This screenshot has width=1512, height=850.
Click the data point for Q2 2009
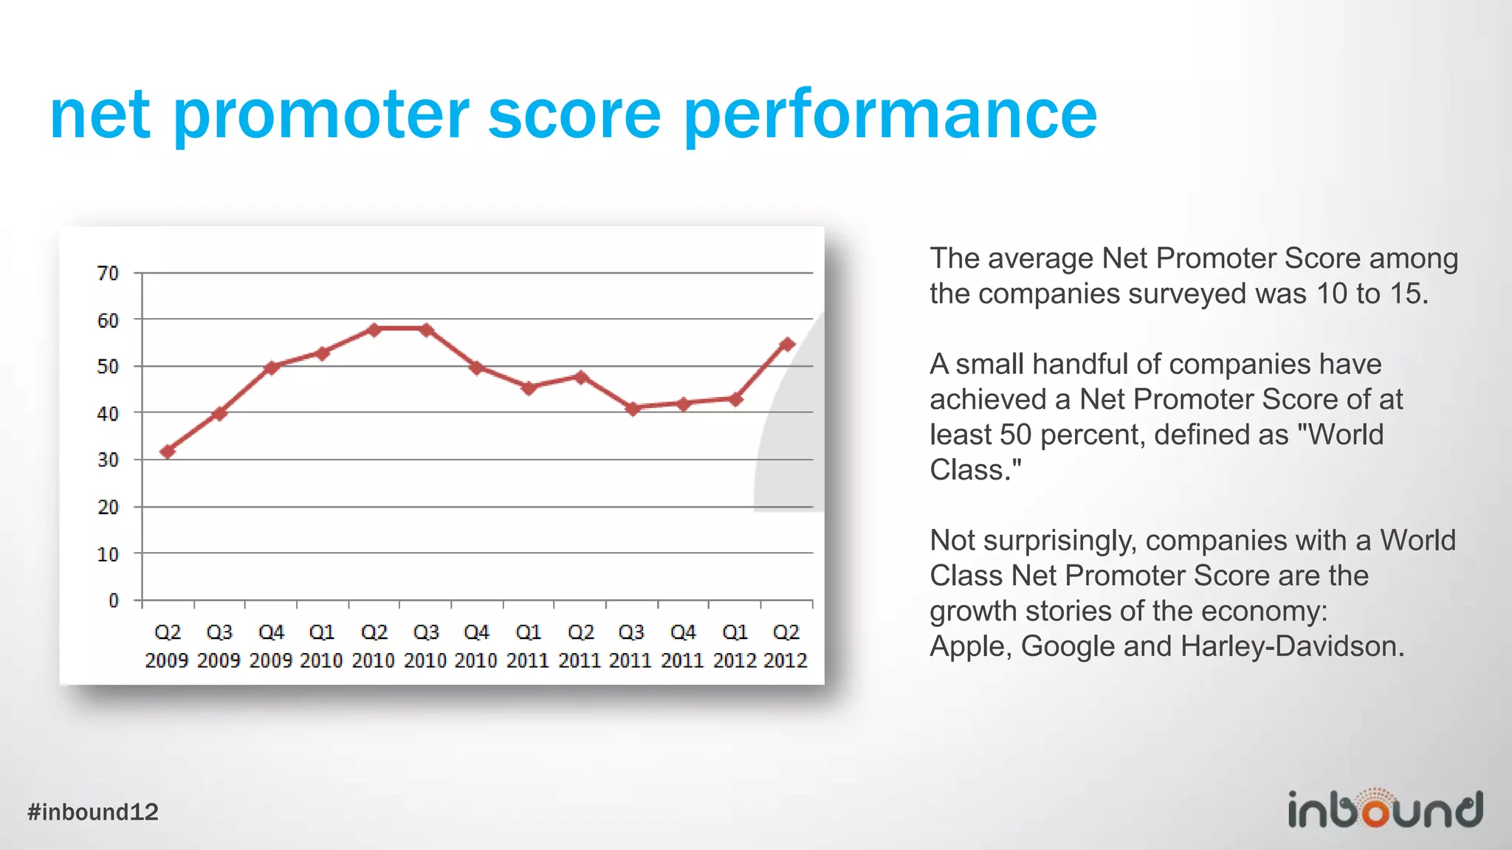[x=168, y=451]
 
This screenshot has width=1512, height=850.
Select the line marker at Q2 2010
[x=374, y=329]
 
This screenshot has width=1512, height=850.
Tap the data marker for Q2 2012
[x=787, y=344]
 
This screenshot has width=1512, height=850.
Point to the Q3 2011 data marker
[x=632, y=408]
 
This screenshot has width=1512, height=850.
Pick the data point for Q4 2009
[x=272, y=367]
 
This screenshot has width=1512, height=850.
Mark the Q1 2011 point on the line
[x=529, y=387]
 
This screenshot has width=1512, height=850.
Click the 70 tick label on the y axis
[x=108, y=274]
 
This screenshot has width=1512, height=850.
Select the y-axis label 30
[x=108, y=460]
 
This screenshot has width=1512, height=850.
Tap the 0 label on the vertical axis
[x=113, y=601]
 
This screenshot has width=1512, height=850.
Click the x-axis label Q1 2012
[x=735, y=646]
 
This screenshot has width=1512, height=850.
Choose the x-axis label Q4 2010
[x=476, y=646]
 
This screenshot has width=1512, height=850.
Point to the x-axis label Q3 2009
[x=219, y=646]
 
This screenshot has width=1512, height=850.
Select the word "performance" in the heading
[x=890, y=115]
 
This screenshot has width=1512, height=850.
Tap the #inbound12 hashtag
[x=93, y=812]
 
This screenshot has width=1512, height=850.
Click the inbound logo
[x=1385, y=809]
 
